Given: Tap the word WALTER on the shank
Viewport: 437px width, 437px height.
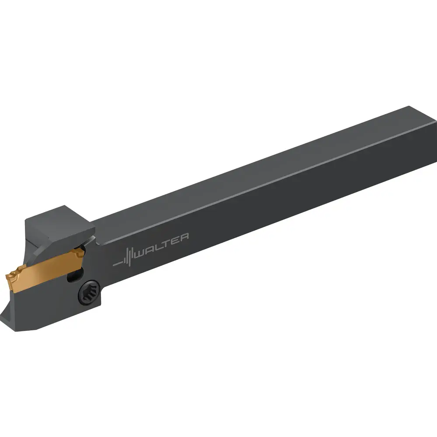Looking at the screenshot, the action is click(161, 246).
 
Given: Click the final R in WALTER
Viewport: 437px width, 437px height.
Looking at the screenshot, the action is click(184, 238).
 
